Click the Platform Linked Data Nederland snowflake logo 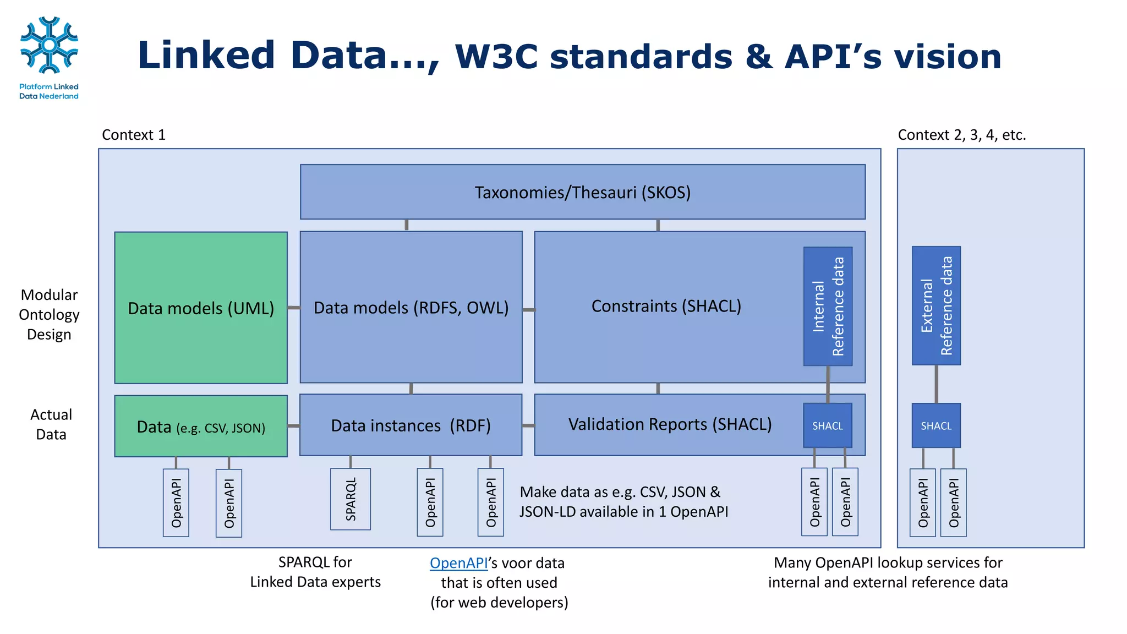pos(49,45)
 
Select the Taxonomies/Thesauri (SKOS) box pos(582,192)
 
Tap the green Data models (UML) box pos(201,308)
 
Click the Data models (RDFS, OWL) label pos(411,307)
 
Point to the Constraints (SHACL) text pos(666,306)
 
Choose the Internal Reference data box pos(828,306)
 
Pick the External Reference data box pos(936,305)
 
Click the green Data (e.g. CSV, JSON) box pos(201,427)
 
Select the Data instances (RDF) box pos(411,425)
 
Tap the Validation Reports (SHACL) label pos(670,424)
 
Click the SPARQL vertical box pos(351,499)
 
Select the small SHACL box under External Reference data pos(936,425)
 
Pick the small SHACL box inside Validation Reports pos(828,425)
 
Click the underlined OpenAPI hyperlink pos(458,563)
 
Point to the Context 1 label pos(134,135)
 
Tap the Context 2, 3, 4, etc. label pos(962,135)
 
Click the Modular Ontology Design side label pos(49,314)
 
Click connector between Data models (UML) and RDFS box pos(294,308)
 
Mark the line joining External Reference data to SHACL pos(936,384)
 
